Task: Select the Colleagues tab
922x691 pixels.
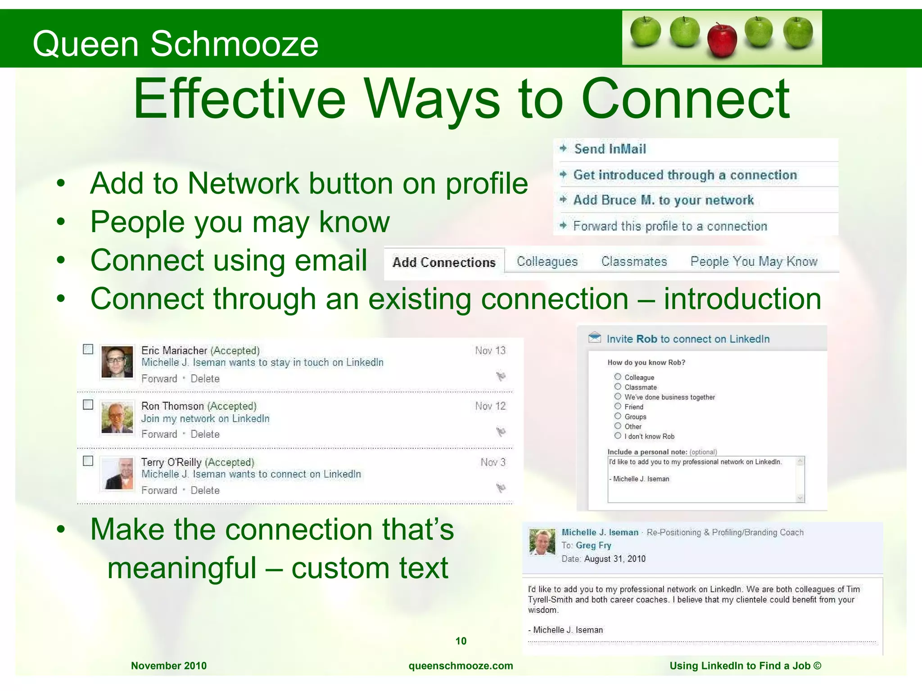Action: pos(547,261)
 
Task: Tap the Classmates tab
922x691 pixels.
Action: pos(634,261)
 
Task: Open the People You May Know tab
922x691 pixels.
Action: pos(754,261)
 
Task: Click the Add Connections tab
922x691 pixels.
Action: pos(444,262)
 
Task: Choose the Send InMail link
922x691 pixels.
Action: pos(610,149)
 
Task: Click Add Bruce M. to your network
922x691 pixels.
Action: pos(663,200)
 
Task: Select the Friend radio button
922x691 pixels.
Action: pos(618,406)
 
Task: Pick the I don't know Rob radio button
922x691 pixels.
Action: pos(618,435)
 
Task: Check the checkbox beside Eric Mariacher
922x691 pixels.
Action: pos(88,349)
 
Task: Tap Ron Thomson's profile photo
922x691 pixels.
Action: pos(117,417)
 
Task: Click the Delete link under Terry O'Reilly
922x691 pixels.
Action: pos(205,490)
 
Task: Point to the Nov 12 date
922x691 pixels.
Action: pos(490,406)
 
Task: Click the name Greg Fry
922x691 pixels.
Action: pos(593,545)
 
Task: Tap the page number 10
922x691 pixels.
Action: pos(461,641)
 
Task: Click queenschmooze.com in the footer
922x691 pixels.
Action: pos(461,666)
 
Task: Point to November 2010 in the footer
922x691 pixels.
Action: pos(169,666)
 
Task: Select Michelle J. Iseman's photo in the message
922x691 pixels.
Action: pos(542,542)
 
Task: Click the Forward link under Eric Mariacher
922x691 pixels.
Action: pos(159,379)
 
